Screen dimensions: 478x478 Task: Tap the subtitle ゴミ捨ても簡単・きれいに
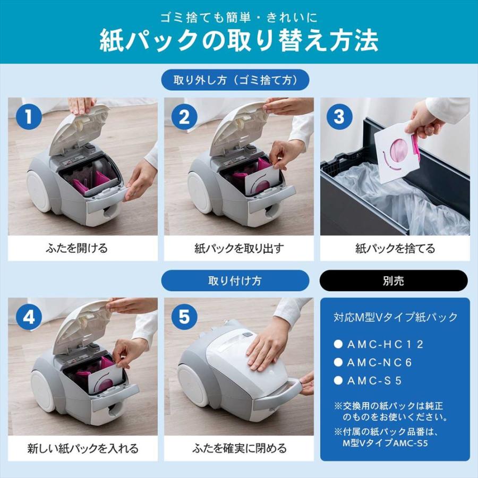tap(239, 17)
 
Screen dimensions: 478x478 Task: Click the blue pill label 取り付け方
tap(235, 280)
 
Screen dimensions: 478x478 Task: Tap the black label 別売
tap(393, 280)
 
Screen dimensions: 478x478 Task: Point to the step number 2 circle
tap(184, 117)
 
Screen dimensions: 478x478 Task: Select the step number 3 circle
tap(339, 117)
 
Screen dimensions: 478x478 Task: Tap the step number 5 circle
tap(184, 318)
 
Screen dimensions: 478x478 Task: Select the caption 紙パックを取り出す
tap(238, 248)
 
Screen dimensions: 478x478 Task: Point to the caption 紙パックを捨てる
tap(395, 248)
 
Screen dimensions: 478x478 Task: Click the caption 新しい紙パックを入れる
tap(82, 448)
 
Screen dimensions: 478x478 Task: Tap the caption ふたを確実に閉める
tap(238, 448)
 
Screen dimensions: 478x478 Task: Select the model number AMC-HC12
tap(385, 344)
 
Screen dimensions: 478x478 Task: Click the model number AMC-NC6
tap(379, 363)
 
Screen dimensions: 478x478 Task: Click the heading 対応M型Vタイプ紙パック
tap(395, 318)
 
